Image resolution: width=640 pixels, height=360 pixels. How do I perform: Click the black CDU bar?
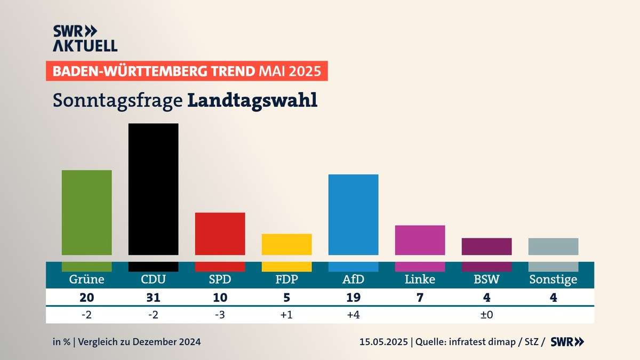153,189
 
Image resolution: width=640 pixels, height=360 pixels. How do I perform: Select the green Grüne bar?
86,212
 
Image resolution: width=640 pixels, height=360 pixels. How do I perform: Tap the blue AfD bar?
353,214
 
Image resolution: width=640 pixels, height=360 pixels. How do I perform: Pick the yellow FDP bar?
286,244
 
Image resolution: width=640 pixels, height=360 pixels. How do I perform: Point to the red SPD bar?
220,234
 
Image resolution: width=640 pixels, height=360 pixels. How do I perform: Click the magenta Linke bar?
420,240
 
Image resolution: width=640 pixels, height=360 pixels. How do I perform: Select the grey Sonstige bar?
553,246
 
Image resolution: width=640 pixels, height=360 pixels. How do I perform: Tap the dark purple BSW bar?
486,246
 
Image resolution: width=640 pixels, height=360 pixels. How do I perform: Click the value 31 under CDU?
153,298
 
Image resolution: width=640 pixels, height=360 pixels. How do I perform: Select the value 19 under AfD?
353,298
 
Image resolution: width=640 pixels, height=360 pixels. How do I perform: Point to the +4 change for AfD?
353,315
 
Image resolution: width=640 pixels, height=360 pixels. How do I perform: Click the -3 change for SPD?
220,315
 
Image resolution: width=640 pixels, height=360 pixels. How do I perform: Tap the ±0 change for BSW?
486,315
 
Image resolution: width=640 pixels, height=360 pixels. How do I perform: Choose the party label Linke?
420,279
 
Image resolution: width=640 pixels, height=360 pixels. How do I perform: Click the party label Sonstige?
553,279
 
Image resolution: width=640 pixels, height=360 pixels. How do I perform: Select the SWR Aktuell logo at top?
85,38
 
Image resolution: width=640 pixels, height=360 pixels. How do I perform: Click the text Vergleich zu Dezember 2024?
140,342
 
